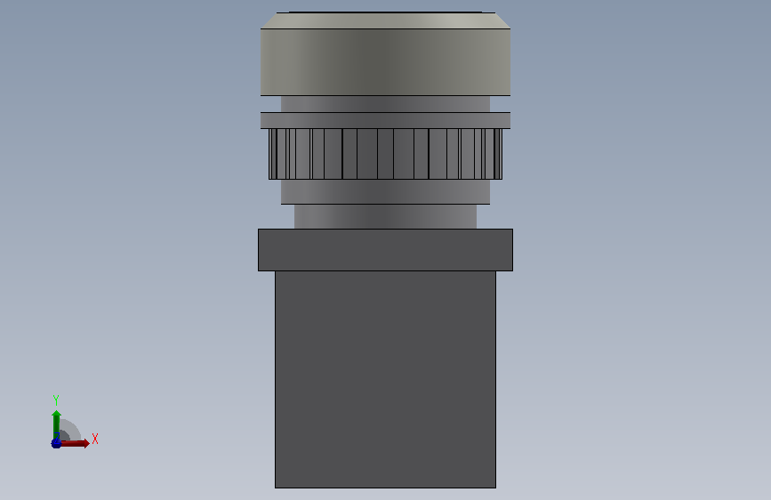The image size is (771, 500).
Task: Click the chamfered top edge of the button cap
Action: pyautogui.click(x=386, y=20)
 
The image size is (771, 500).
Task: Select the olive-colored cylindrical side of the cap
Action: pyautogui.click(x=386, y=62)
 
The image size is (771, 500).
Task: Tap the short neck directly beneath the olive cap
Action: pyautogui.click(x=386, y=104)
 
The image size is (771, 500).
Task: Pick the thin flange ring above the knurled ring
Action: pyautogui.click(x=386, y=121)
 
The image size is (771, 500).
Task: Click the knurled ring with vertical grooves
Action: pyautogui.click(x=386, y=154)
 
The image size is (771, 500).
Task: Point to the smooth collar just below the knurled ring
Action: pyautogui.click(x=386, y=191)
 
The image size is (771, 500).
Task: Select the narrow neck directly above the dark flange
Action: pyautogui.click(x=386, y=216)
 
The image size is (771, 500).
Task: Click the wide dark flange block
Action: pyautogui.click(x=386, y=250)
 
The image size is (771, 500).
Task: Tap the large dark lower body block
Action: pyautogui.click(x=386, y=379)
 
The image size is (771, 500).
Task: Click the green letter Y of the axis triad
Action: pyautogui.click(x=56, y=400)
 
